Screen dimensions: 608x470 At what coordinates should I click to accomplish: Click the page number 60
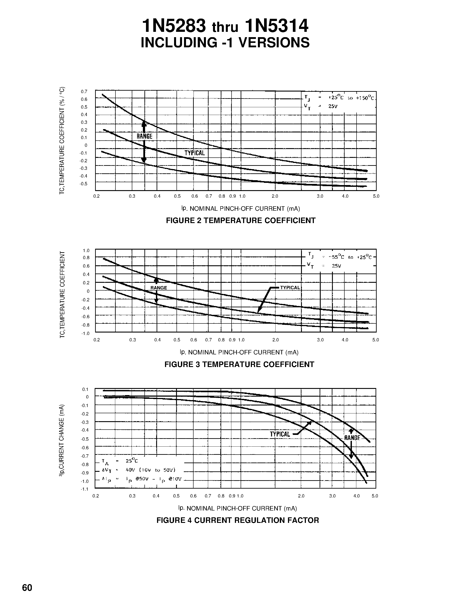click(27, 588)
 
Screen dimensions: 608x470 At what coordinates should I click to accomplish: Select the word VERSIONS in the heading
click(274, 43)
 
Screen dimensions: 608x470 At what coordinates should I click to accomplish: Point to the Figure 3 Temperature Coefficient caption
click(239, 364)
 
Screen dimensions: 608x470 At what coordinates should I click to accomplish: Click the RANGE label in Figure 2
click(144, 136)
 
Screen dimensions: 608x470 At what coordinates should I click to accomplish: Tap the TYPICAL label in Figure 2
click(195, 153)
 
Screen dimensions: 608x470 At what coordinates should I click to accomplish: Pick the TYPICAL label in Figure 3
click(290, 288)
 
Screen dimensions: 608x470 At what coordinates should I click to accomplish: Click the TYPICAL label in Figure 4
click(280, 434)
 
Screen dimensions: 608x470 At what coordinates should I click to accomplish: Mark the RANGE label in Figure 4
click(352, 438)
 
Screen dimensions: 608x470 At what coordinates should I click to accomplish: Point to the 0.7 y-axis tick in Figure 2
click(84, 92)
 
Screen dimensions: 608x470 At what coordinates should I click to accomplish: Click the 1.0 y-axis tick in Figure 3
click(86, 250)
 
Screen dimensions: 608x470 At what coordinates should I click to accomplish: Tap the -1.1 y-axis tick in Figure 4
click(84, 489)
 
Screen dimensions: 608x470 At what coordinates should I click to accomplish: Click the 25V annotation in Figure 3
click(336, 266)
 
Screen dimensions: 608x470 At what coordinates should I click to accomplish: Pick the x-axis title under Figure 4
click(238, 508)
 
